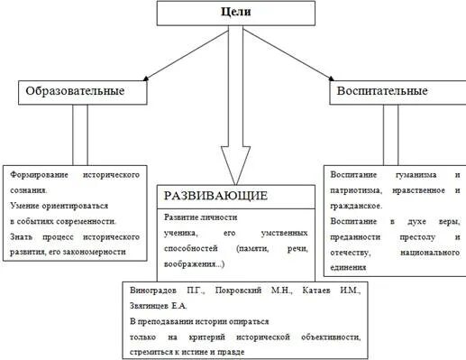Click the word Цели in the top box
(236, 13)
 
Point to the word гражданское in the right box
(358, 205)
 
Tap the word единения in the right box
(349, 267)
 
